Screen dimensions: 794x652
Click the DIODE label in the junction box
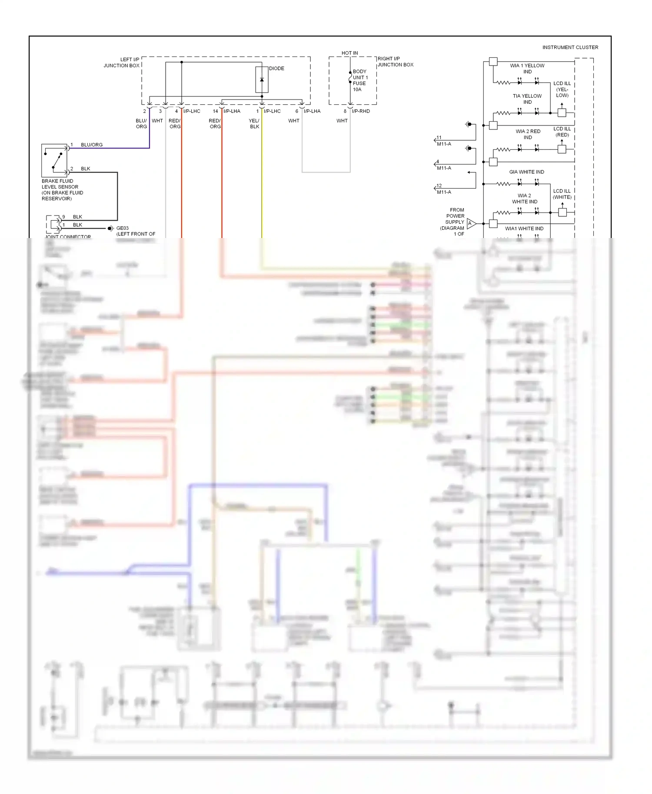[276, 69]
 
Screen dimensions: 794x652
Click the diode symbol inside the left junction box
[262, 80]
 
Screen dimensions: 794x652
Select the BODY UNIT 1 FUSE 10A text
[359, 80]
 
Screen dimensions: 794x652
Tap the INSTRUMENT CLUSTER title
[570, 47]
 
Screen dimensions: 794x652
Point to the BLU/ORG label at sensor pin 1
[92, 145]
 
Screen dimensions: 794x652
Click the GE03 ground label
[122, 228]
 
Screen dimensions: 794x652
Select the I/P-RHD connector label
[361, 111]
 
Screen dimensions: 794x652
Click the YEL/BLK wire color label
[254, 124]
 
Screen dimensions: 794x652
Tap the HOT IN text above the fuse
[349, 53]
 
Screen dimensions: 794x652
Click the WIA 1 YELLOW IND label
[527, 69]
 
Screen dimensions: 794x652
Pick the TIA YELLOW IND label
[527, 99]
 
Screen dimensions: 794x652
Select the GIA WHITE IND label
[526, 172]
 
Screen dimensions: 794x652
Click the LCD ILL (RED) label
[562, 132]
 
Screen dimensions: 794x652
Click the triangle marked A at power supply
[471, 224]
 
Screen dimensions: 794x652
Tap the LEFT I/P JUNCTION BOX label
[122, 63]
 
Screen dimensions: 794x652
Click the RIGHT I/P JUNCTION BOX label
[395, 62]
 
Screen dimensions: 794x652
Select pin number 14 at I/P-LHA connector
[215, 111]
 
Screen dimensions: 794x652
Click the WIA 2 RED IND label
[528, 134]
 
